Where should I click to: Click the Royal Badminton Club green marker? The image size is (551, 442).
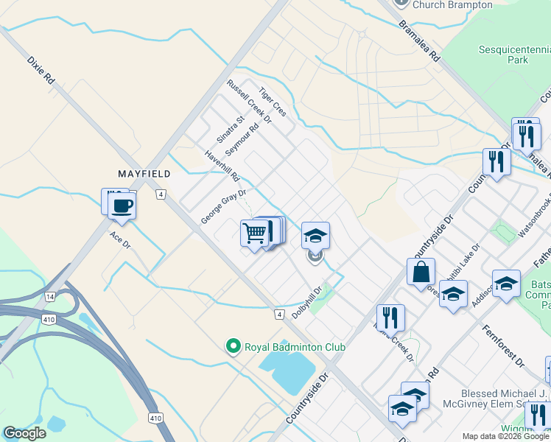[234, 345]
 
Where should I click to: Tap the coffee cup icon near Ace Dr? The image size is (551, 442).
[122, 206]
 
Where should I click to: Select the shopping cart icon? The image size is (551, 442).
[254, 234]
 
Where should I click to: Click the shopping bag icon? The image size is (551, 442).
[420, 270]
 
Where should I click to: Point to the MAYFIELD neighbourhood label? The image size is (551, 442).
[144, 174]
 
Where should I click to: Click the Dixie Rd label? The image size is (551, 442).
[41, 69]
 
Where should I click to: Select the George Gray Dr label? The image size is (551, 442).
[222, 206]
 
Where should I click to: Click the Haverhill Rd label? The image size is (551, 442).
[222, 167]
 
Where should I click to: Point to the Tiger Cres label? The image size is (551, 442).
[272, 104]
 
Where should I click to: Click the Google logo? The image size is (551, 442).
[24, 432]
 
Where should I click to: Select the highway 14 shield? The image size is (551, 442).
[50, 296]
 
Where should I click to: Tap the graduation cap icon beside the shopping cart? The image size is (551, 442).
[315, 236]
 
